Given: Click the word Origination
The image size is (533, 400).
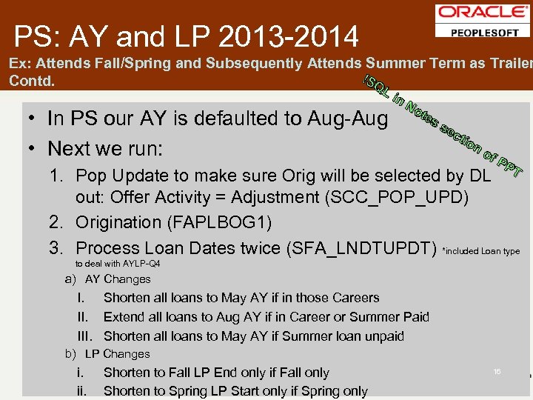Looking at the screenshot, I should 118,222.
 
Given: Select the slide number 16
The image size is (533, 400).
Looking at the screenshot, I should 497,371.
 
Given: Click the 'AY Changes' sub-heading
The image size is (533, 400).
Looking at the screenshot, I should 118,279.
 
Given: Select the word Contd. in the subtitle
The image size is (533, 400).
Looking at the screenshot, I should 32,81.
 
